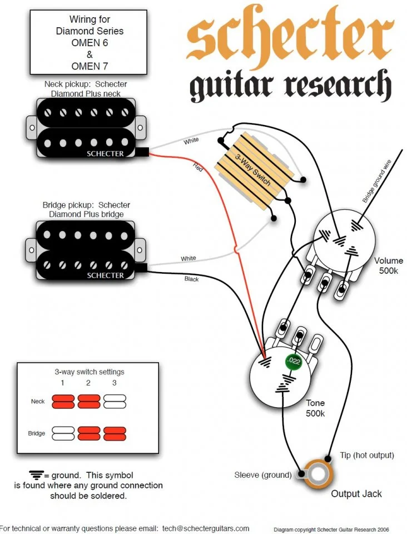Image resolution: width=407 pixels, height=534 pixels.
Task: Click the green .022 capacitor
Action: click(x=294, y=362)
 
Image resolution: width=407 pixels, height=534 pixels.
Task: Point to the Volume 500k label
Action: click(x=388, y=265)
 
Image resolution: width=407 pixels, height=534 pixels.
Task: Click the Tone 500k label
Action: click(x=315, y=408)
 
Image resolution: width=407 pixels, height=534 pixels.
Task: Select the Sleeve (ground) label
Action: click(x=262, y=474)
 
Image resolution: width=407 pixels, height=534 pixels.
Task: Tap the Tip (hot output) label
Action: click(x=366, y=455)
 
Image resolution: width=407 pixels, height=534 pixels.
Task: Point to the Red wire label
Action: click(x=198, y=166)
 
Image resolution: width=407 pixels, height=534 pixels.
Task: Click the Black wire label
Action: click(x=191, y=278)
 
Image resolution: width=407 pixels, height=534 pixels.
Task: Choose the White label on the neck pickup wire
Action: click(x=191, y=141)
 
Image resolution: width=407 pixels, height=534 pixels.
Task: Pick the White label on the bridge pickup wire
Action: click(x=188, y=259)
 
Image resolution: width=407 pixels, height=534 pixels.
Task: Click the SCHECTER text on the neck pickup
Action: click(x=105, y=154)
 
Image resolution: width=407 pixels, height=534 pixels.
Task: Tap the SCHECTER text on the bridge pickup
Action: click(x=105, y=275)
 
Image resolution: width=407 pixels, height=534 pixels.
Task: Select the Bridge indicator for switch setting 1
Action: click(x=63, y=433)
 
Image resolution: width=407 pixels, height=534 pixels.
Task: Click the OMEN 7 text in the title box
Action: click(x=90, y=66)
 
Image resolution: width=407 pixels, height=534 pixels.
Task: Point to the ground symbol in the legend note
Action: click(x=37, y=475)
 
